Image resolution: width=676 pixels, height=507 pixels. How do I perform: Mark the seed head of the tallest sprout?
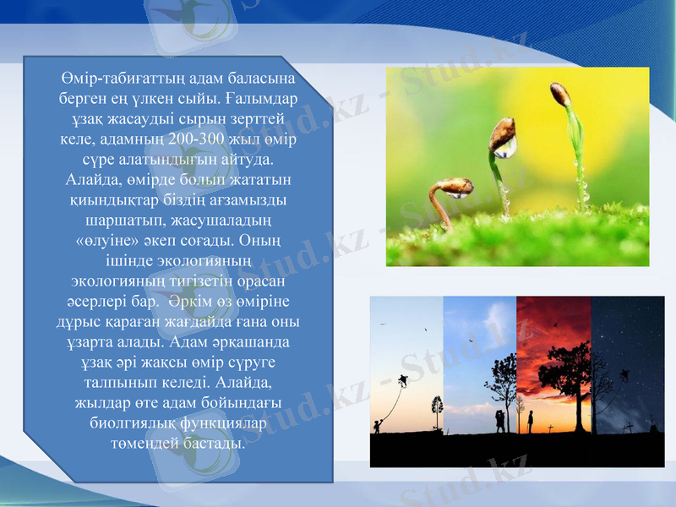(x=559, y=93)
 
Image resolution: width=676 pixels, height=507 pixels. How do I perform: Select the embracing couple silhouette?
(x=500, y=421)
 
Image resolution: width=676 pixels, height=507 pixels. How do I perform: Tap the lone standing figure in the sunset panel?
(x=531, y=421)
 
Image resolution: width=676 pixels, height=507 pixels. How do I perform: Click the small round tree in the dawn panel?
(x=436, y=406)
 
